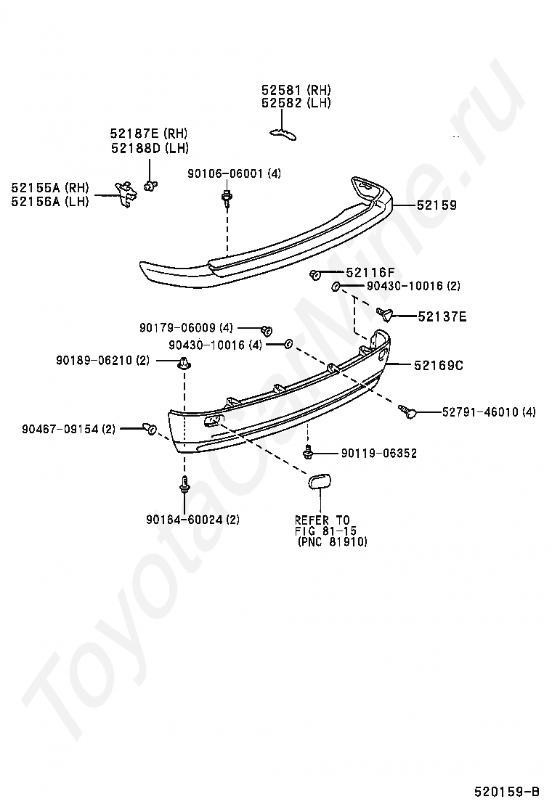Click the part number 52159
[x=437, y=205]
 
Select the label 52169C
[x=439, y=365]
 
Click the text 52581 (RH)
[x=296, y=90]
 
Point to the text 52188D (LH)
[x=150, y=148]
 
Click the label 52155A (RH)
[x=49, y=188]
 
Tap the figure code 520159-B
[x=508, y=790]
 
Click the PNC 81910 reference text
[x=332, y=541]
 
